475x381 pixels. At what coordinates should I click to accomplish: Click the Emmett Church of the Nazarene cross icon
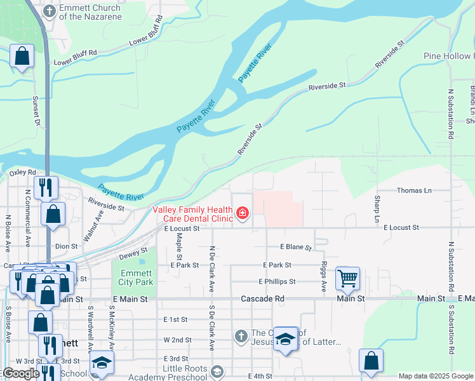tap(50, 10)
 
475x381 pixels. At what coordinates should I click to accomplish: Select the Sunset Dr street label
tap(36, 110)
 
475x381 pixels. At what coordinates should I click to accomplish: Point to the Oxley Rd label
tap(22, 172)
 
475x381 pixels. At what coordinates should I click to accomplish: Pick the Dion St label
tap(66, 246)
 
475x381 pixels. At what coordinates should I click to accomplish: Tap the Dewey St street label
tap(133, 254)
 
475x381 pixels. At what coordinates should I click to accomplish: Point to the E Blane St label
tap(296, 247)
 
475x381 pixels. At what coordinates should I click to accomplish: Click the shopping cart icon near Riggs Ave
tap(347, 278)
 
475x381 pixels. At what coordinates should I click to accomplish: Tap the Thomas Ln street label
tap(413, 190)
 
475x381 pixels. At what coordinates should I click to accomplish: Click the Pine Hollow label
tap(448, 56)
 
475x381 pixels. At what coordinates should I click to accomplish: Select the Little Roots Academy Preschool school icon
tap(217, 371)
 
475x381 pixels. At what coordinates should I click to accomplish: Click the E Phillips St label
tap(277, 281)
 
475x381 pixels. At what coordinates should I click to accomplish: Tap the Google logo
tap(20, 373)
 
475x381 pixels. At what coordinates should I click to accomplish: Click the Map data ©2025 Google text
tap(436, 376)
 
